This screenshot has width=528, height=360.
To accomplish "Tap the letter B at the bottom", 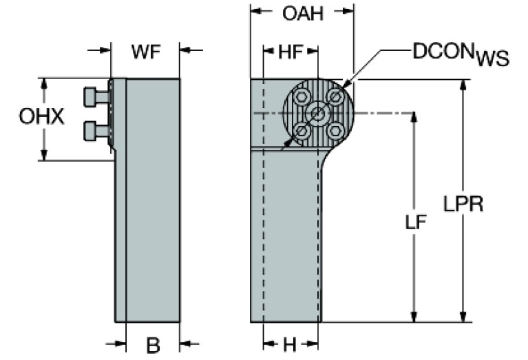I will coord(153,345).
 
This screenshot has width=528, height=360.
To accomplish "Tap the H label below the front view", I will coord(290,345).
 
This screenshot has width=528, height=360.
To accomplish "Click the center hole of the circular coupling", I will coord(317,113).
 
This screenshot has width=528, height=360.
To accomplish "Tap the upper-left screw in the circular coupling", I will coord(301,97).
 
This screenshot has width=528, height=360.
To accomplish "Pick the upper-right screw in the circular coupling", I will coord(335,96).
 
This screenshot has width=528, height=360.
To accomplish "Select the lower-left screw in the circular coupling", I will coord(301,130).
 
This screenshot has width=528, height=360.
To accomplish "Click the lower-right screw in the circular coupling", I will coord(335,129).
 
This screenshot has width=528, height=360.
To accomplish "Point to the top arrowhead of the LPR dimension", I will coord(463,83).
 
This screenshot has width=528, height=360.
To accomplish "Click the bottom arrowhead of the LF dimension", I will coord(414,317).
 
